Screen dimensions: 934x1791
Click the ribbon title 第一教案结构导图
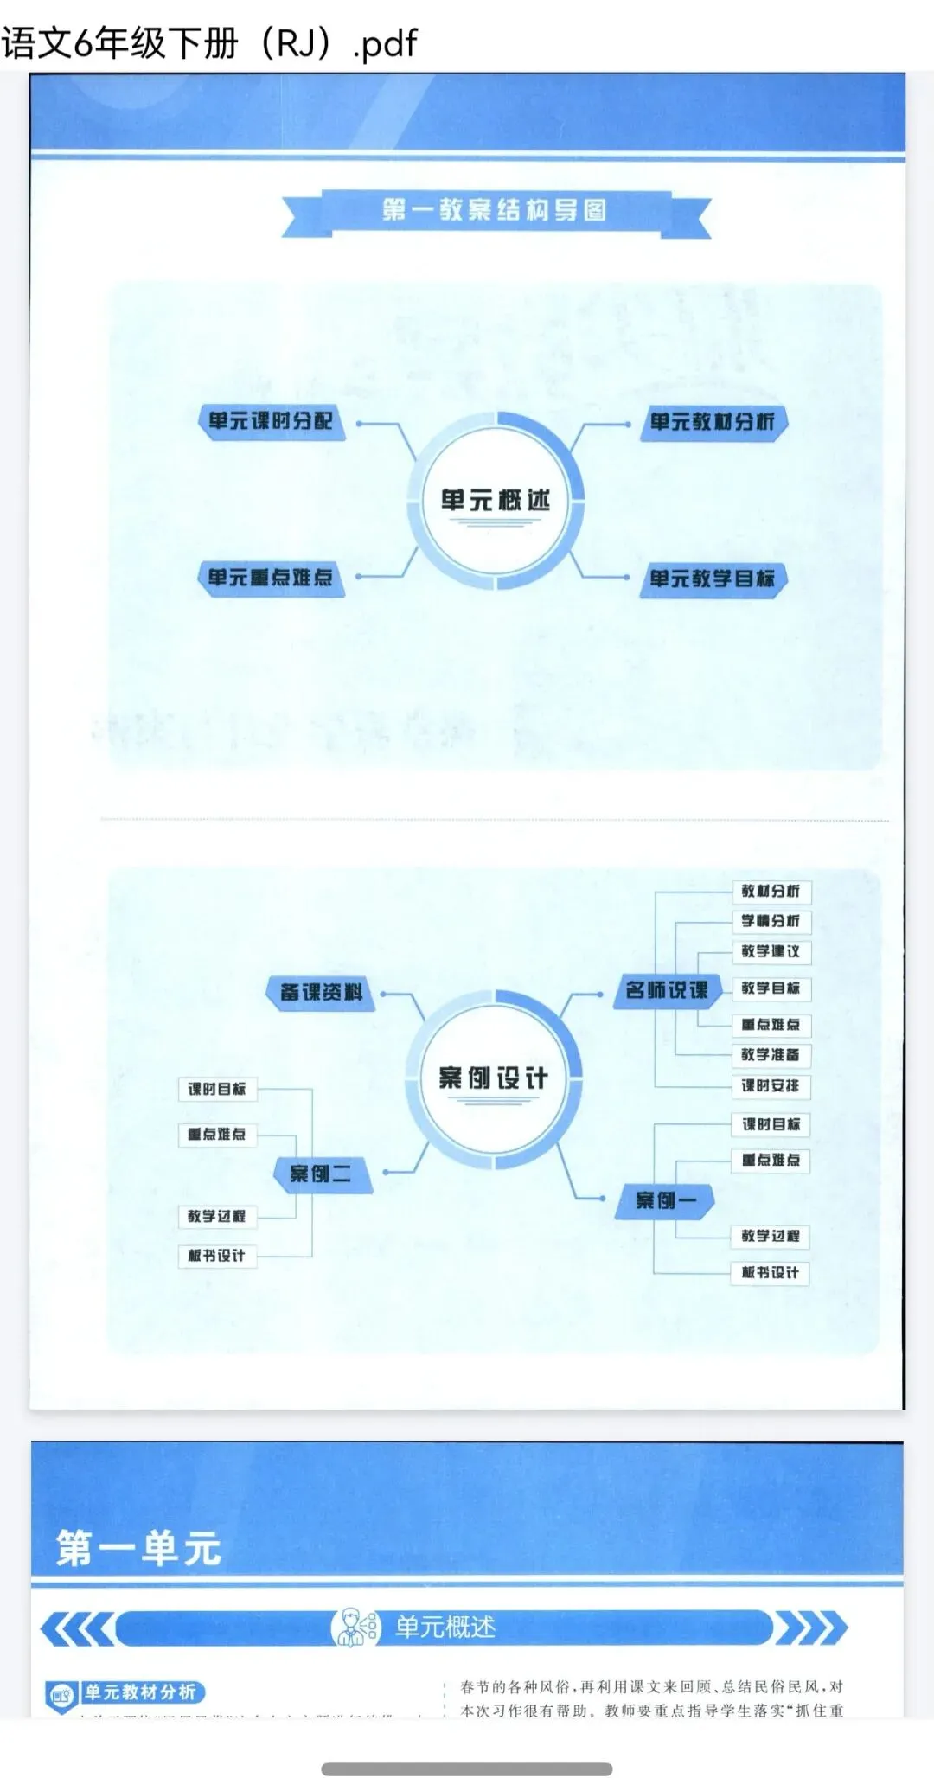tap(495, 210)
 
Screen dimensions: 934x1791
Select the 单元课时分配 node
tap(271, 421)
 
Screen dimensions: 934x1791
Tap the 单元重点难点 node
tap(271, 578)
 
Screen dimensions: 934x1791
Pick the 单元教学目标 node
tap(713, 579)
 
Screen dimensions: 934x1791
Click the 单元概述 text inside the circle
tap(495, 500)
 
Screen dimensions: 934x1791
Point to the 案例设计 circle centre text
tap(493, 1078)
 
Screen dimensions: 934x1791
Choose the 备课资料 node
tap(321, 992)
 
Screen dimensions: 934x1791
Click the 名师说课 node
tap(667, 990)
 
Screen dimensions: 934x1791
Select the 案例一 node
tap(665, 1199)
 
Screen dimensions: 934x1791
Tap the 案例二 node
tap(321, 1174)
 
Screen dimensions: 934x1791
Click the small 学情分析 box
tap(771, 921)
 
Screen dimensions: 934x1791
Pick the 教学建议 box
tap(771, 951)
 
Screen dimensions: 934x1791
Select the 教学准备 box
tap(771, 1054)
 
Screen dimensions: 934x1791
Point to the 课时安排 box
tap(771, 1085)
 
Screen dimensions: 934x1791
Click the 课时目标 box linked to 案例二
tap(217, 1089)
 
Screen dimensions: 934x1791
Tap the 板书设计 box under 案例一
tap(771, 1272)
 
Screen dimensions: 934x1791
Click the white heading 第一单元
tap(139, 1549)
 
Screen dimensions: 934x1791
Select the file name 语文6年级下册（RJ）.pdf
tap(209, 42)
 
